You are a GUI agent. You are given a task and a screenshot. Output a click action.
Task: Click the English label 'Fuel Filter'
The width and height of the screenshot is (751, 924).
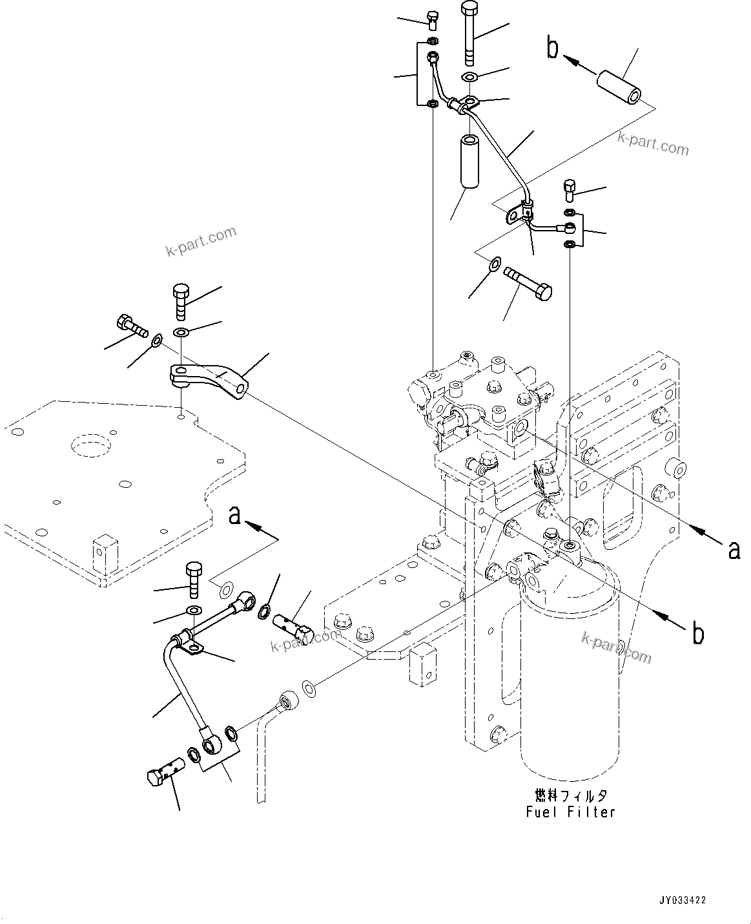pos(570,812)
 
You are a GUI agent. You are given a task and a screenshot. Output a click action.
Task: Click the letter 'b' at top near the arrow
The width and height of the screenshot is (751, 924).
pos(553,48)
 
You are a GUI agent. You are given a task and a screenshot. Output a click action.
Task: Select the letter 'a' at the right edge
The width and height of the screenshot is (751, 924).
pos(734,549)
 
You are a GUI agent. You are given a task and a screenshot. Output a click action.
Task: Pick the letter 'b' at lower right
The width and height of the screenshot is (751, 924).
pos(698,633)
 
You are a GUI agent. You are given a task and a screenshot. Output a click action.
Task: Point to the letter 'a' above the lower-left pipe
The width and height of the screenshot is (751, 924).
pos(235,515)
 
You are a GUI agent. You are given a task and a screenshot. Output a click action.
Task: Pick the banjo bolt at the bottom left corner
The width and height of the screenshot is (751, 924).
pos(165,770)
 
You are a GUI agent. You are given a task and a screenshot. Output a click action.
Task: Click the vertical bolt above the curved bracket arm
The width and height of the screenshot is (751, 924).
pos(181,302)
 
